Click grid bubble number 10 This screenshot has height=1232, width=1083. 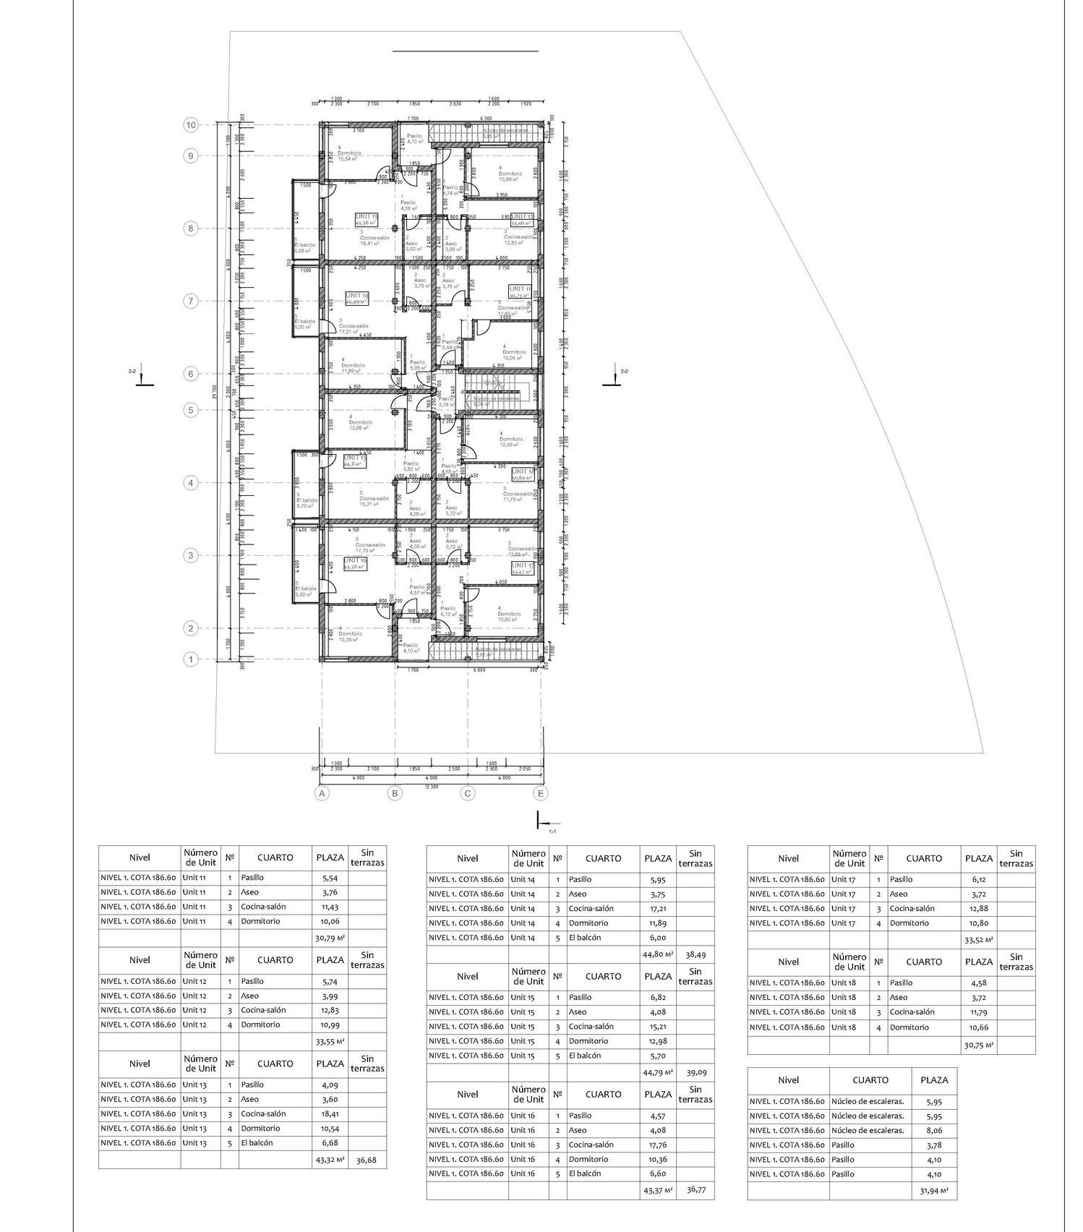point(191,125)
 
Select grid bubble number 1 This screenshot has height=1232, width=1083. point(191,659)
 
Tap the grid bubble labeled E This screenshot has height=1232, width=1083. point(541,793)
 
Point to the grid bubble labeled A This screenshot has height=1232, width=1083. point(322,793)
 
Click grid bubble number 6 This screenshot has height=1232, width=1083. point(191,374)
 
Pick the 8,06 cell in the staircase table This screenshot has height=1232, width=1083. point(934,1130)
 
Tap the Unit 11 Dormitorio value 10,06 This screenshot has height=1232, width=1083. point(330,921)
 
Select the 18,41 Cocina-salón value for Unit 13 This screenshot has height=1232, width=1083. point(330,1113)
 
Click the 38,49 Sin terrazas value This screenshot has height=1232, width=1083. point(695,954)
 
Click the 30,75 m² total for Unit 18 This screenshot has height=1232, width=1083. point(979,1045)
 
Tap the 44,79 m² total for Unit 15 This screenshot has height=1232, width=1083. point(658,1072)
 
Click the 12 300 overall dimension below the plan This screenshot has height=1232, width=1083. point(431,786)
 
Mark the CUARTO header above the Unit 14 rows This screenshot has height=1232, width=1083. point(603,858)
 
